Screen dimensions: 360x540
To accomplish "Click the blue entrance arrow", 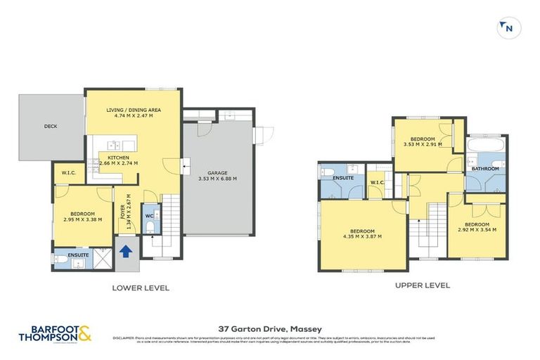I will click(x=127, y=252).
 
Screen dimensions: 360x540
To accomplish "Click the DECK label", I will click(x=51, y=127).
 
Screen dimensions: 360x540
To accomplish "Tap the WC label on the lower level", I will click(x=149, y=216).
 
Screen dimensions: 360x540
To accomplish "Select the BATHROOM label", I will click(x=485, y=169).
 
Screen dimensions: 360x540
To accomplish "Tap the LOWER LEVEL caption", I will click(x=141, y=288).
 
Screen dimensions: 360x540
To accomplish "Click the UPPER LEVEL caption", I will click(x=422, y=285).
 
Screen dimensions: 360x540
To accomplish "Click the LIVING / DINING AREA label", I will click(x=134, y=110).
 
